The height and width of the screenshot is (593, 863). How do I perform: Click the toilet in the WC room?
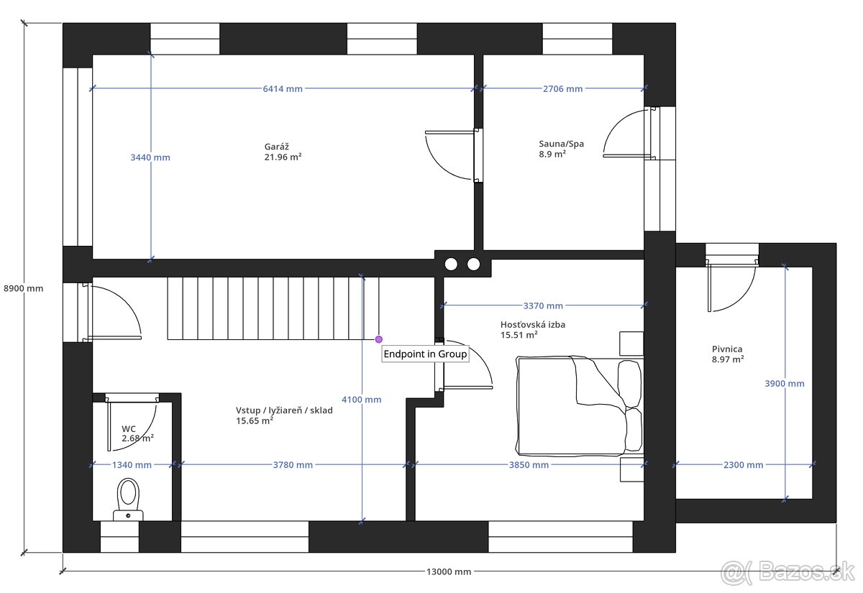[128, 500]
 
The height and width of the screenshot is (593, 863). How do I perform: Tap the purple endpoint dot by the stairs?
[379, 339]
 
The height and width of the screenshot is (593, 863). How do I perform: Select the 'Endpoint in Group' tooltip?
[425, 354]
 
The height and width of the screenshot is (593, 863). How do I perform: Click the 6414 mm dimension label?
[283, 89]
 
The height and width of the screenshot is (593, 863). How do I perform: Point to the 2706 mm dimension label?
[562, 89]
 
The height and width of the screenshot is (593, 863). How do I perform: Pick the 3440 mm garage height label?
[150, 157]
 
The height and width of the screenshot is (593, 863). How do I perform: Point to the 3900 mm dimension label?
[785, 384]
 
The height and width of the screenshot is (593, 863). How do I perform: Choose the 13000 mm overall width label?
[449, 572]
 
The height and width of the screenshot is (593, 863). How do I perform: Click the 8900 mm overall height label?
[24, 288]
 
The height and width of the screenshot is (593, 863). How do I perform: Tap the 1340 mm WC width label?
[132, 465]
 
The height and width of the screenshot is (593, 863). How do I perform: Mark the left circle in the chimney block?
[451, 265]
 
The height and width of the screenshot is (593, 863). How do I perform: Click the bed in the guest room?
[579, 405]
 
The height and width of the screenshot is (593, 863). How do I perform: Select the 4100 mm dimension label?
[361, 400]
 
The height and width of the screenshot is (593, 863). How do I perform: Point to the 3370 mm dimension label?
[543, 305]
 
